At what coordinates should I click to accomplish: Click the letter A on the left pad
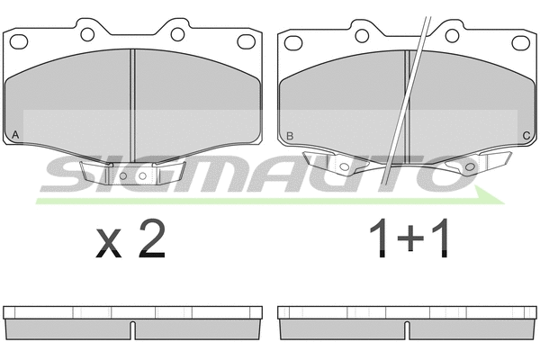pos(15,135)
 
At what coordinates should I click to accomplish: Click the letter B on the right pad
pos(290,136)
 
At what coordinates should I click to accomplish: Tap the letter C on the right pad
pos(526,136)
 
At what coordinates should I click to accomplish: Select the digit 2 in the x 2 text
pos(152,238)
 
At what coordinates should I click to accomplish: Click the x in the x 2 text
pos(109,243)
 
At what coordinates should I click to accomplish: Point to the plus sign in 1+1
pos(410,238)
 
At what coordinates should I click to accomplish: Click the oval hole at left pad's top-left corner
pos(19,41)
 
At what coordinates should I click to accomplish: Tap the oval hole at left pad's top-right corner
pos(247,41)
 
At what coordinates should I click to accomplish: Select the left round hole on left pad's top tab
pos(87,34)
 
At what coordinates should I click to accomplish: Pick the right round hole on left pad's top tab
pos(177,34)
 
